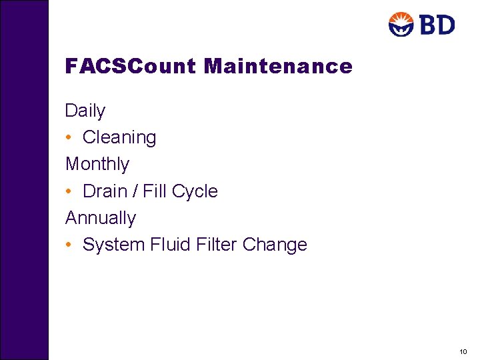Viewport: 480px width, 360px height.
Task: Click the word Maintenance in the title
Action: coord(278,66)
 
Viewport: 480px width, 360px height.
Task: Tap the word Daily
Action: coord(85,111)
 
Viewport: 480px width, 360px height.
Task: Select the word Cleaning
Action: coord(119,137)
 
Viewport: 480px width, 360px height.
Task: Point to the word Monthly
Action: coord(97,164)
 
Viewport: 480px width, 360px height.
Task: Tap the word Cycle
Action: coord(195,191)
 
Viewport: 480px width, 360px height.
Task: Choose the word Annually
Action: coord(101,218)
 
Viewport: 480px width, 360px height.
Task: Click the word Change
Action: coord(275,245)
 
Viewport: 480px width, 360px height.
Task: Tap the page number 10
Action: coord(463,351)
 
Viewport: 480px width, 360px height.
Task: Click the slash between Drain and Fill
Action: coord(135,191)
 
